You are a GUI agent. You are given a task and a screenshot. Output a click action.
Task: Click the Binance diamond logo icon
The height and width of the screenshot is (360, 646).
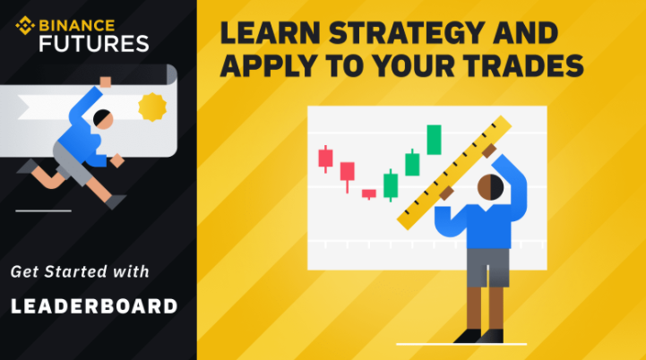click(25, 26)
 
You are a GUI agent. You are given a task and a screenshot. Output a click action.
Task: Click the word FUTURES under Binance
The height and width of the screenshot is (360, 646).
click(94, 44)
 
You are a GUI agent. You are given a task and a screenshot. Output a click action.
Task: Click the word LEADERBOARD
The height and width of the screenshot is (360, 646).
click(94, 306)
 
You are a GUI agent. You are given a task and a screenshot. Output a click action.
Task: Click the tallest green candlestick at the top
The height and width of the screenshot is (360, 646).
click(434, 140)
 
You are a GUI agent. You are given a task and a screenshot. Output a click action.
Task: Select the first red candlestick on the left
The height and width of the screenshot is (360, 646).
click(325, 159)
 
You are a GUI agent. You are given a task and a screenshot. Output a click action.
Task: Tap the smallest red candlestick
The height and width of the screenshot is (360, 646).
click(369, 194)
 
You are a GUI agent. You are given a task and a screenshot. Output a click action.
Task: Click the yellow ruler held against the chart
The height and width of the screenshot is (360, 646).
click(454, 172)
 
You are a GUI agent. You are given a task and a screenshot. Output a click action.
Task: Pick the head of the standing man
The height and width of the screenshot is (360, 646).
click(490, 187)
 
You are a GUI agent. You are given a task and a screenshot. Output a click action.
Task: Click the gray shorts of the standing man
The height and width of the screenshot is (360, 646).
click(487, 268)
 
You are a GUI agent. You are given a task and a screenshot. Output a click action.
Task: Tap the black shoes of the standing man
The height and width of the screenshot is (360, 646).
click(478, 336)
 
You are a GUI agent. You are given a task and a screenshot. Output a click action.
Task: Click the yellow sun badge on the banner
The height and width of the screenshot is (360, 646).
click(152, 107)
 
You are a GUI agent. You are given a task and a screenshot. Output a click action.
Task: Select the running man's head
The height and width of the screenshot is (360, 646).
click(102, 119)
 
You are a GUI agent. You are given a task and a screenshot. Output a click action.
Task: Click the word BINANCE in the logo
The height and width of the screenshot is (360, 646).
click(77, 26)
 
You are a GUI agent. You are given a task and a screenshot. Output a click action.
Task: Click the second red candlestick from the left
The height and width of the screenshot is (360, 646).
click(348, 177)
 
